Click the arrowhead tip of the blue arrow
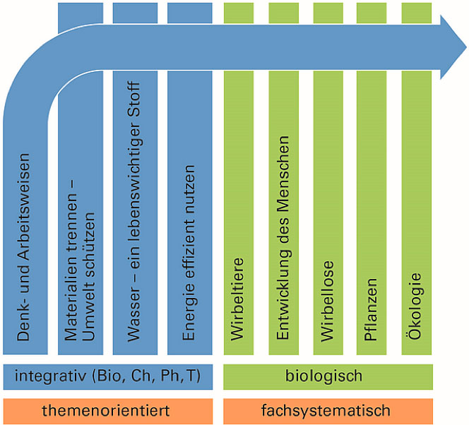click(466, 47)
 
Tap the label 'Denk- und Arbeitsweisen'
click(23, 247)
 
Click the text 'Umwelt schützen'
click(88, 277)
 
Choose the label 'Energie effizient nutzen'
click(189, 253)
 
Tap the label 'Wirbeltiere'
click(237, 299)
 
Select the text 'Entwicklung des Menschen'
click(283, 238)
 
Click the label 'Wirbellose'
click(327, 301)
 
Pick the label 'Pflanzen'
click(371, 309)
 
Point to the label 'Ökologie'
click(415, 306)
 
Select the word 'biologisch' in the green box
click(323, 376)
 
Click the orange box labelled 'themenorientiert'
click(108, 411)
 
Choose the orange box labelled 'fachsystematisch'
click(328, 411)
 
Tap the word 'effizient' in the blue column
click(189, 251)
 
